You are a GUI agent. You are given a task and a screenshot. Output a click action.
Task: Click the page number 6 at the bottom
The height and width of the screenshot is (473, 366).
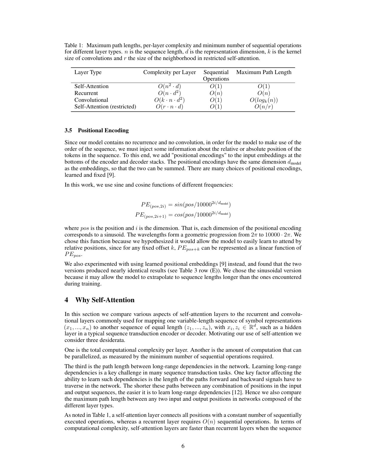(183, 446)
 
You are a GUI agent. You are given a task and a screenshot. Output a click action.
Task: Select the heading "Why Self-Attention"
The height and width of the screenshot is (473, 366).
(105, 300)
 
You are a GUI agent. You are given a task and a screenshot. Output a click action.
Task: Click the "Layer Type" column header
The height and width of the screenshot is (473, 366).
(88, 72)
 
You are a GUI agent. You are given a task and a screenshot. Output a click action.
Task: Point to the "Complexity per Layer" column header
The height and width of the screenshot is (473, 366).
(170, 72)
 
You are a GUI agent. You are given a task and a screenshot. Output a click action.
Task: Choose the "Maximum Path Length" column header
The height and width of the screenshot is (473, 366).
(263, 72)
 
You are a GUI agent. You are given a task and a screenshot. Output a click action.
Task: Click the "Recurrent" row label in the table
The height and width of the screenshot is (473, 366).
(86, 93)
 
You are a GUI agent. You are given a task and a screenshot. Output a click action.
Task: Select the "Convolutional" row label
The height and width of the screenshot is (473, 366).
(91, 100)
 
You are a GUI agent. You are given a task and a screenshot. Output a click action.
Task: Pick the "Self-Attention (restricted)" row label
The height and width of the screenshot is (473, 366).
(105, 107)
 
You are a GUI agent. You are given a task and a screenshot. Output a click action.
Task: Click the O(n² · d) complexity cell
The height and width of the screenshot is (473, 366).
(170, 86)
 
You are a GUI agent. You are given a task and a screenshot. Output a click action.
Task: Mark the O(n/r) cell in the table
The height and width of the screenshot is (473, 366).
(263, 107)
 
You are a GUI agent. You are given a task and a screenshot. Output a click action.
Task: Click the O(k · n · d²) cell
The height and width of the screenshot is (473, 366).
(170, 100)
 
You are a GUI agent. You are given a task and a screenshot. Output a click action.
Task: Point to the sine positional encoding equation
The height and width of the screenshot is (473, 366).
(186, 205)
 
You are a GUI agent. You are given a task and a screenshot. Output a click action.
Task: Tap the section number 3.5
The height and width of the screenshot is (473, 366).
(68, 130)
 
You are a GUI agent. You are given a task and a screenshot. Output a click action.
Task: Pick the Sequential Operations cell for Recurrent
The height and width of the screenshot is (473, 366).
(216, 93)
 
